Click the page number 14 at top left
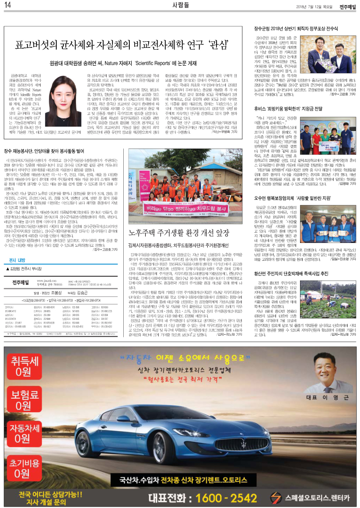(x=8, y=6)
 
